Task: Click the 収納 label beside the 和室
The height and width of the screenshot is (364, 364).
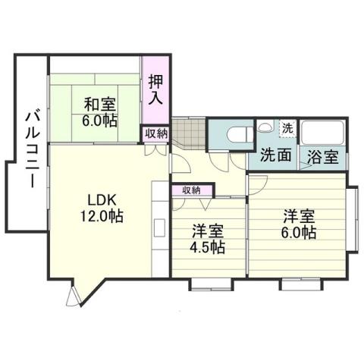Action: point(156,133)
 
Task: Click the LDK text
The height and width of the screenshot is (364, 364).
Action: point(101,199)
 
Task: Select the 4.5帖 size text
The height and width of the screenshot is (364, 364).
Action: point(207,247)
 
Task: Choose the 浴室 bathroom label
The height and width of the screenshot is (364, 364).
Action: point(323,158)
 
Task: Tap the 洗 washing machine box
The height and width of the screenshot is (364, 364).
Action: point(287,127)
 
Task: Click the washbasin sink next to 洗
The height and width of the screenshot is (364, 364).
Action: point(265,128)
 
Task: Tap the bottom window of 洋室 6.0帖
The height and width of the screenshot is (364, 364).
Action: point(294,284)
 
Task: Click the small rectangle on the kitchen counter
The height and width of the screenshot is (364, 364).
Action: point(160,227)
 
